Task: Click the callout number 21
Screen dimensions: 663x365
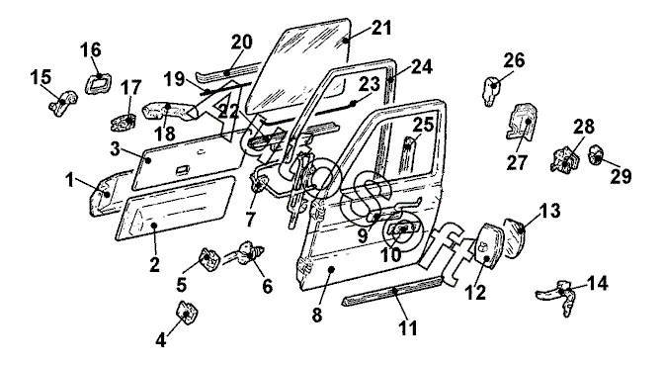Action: coord(381,28)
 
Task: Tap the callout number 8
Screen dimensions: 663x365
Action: coord(317,315)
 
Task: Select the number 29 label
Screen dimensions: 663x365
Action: coord(621,176)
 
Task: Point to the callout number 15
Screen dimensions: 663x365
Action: coord(41,76)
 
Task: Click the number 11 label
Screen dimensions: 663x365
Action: coord(408,327)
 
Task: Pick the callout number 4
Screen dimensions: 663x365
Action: coord(161,339)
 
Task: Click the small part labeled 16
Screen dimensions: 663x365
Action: coord(99,83)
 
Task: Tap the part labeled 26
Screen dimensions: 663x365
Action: coord(490,91)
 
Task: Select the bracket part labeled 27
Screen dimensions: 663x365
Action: coord(522,122)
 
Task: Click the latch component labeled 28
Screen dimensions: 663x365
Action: coord(566,159)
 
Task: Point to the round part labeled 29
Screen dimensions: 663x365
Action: coord(597,154)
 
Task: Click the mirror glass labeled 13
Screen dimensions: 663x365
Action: coord(515,237)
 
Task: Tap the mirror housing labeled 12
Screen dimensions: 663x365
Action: coord(488,245)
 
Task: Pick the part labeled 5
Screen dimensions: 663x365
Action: coord(210,259)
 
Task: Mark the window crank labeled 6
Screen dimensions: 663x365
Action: coord(244,252)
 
